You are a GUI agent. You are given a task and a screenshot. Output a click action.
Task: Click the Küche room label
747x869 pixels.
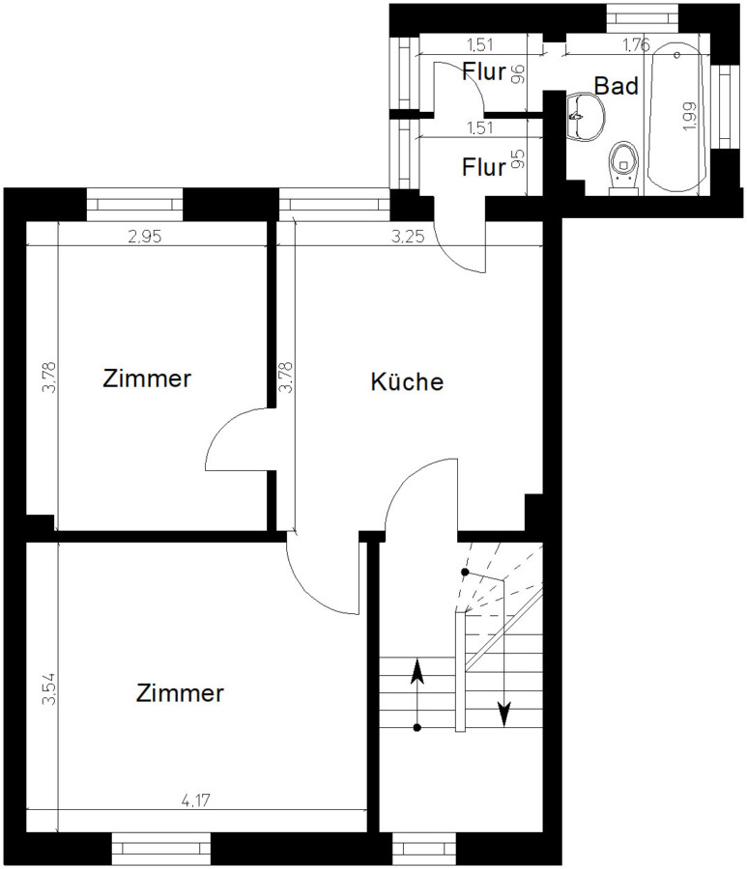pyautogui.click(x=407, y=381)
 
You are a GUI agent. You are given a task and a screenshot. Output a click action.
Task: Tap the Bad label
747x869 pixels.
pyautogui.click(x=617, y=86)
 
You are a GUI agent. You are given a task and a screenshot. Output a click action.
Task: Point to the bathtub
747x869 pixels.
pyautogui.click(x=676, y=118)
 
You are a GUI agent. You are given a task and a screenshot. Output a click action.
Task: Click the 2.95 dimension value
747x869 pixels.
pyautogui.click(x=144, y=237)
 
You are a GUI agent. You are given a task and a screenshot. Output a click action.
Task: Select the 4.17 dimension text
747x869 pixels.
pyautogui.click(x=196, y=800)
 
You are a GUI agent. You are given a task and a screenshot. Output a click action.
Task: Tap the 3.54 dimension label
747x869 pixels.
pyautogui.click(x=49, y=688)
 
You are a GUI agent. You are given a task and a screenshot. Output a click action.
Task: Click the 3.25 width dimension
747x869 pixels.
pyautogui.click(x=408, y=237)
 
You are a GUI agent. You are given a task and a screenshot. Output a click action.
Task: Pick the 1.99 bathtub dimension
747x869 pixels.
pyautogui.click(x=689, y=116)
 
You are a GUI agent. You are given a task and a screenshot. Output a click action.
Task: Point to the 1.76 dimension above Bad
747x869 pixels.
pyautogui.click(x=636, y=44)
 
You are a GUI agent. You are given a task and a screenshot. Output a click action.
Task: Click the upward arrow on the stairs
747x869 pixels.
pyautogui.click(x=417, y=694)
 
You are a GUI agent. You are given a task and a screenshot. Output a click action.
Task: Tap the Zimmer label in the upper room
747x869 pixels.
pyautogui.click(x=147, y=378)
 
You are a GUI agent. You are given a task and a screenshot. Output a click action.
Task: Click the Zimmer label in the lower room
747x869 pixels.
pyautogui.click(x=181, y=692)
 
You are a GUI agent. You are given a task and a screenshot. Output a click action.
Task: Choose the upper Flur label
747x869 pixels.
pyautogui.click(x=484, y=71)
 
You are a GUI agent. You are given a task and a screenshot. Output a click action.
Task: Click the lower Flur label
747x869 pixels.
pyautogui.click(x=484, y=167)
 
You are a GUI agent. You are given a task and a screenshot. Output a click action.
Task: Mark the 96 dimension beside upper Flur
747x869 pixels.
pyautogui.click(x=517, y=73)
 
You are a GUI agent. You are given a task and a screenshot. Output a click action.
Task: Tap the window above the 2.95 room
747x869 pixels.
pyautogui.click(x=134, y=204)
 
